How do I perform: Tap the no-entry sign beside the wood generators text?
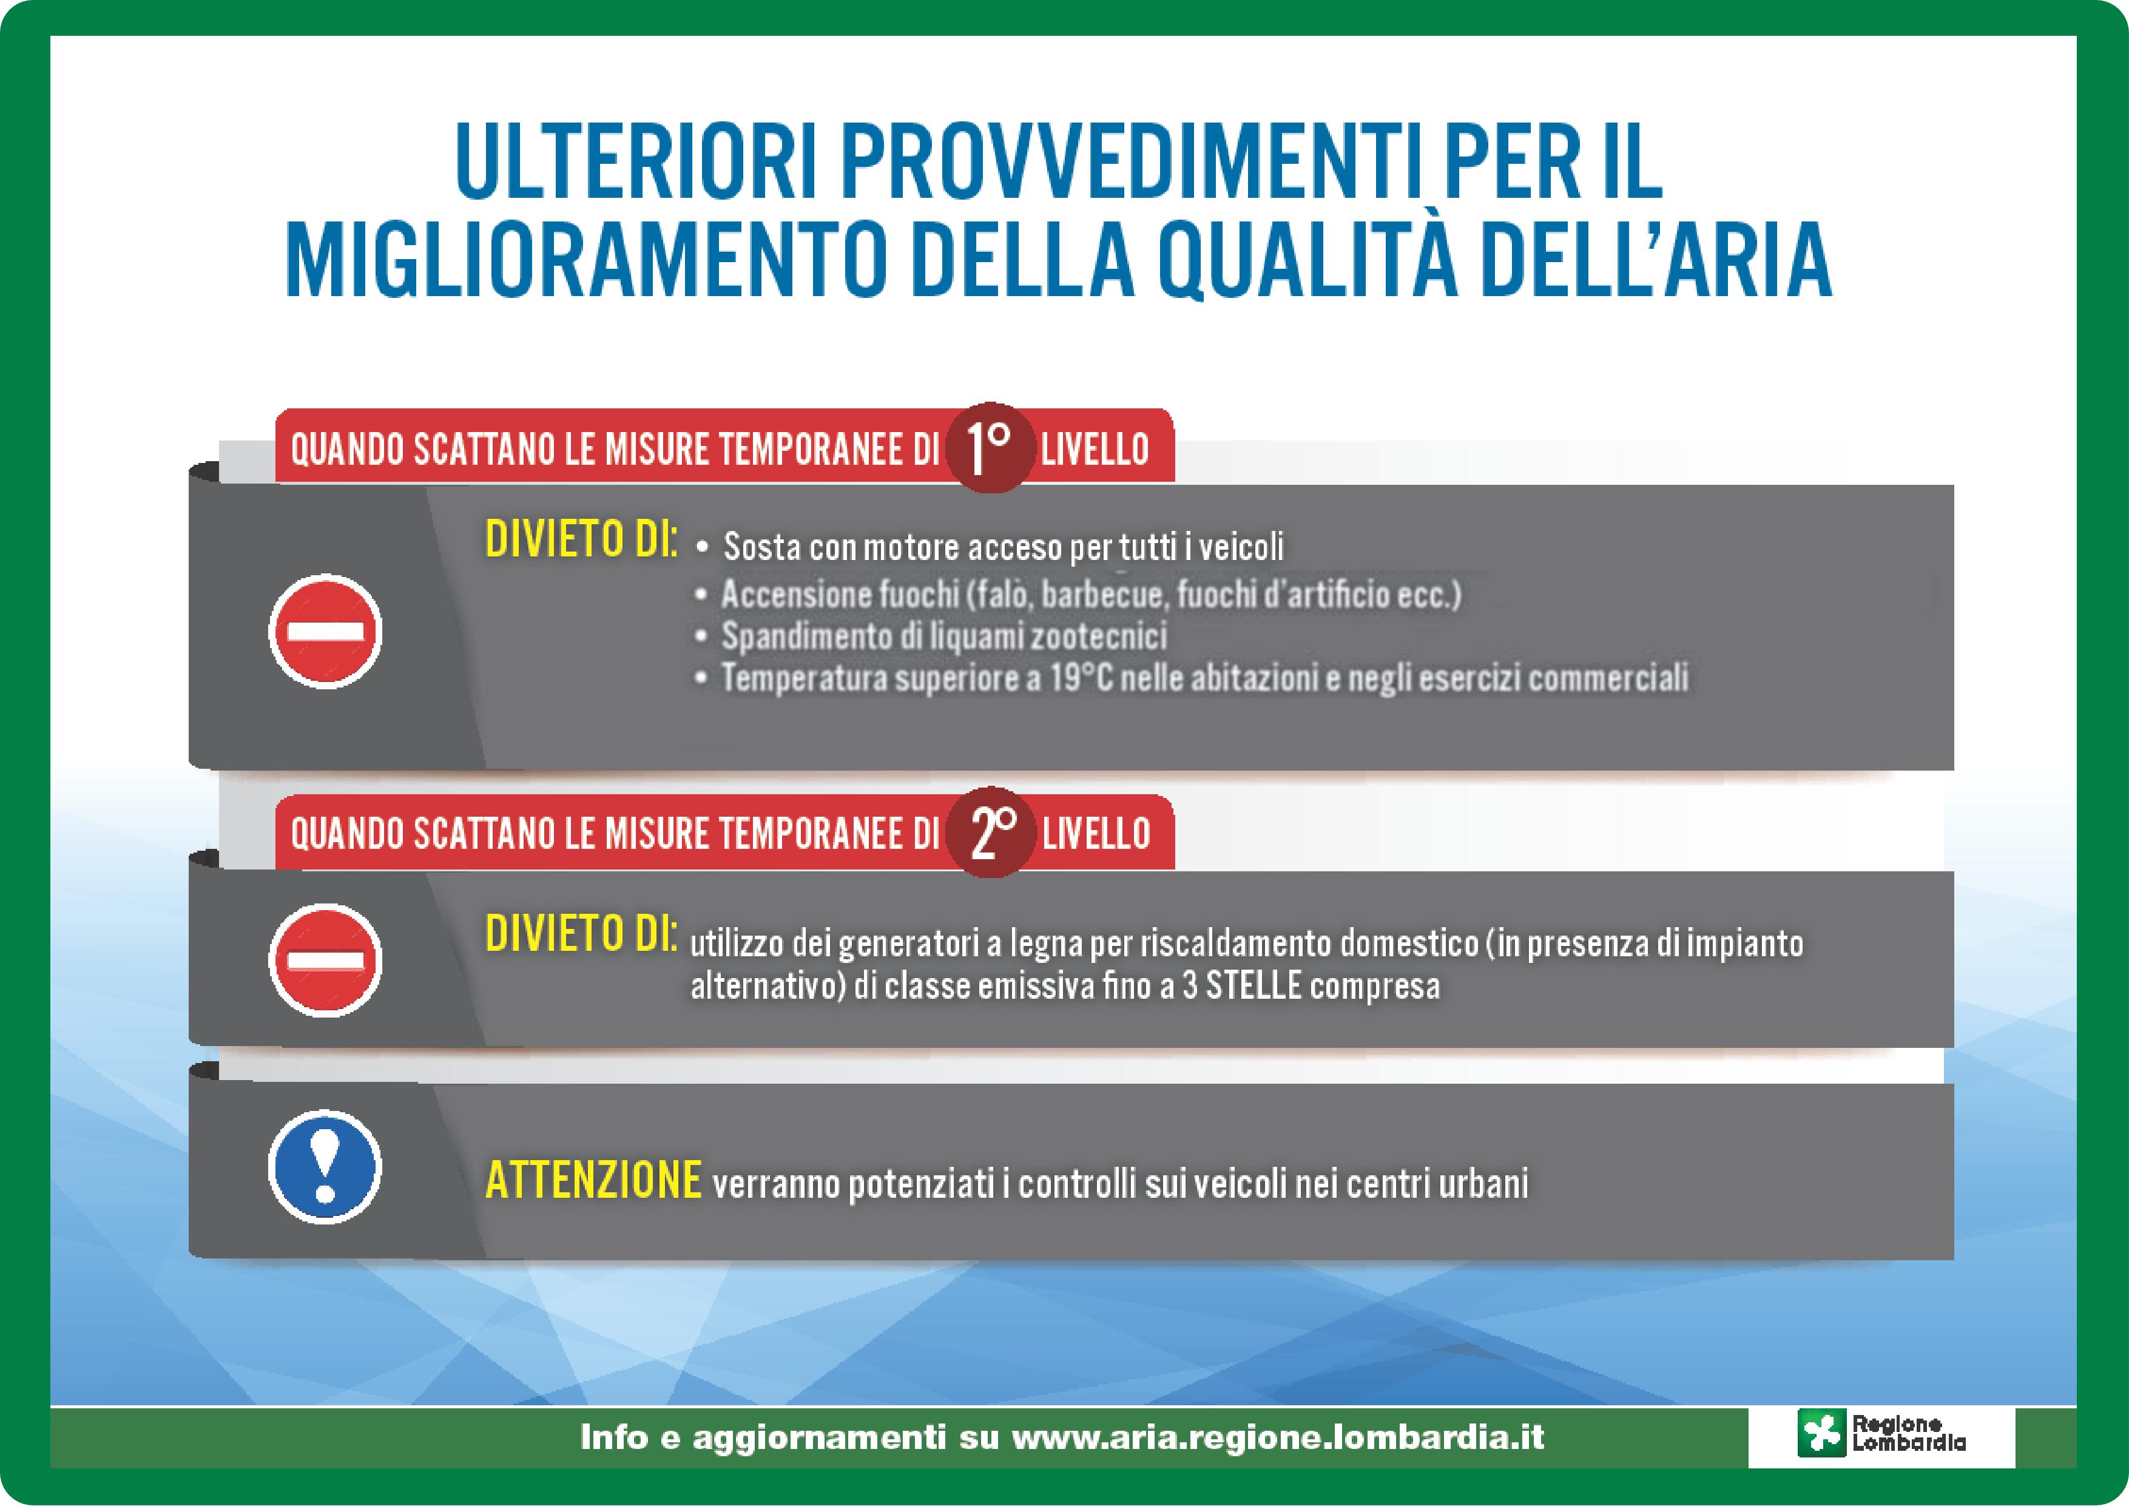[x=325, y=960]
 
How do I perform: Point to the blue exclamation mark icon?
[x=325, y=1167]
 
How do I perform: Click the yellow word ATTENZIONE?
[x=593, y=1181]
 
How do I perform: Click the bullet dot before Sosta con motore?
[x=702, y=548]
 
